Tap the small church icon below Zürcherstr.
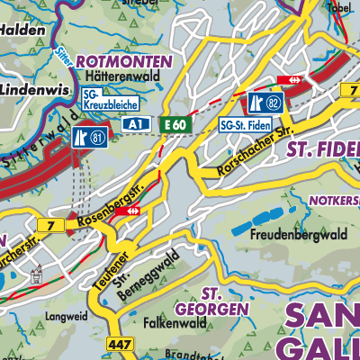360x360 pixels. pos(37,274)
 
